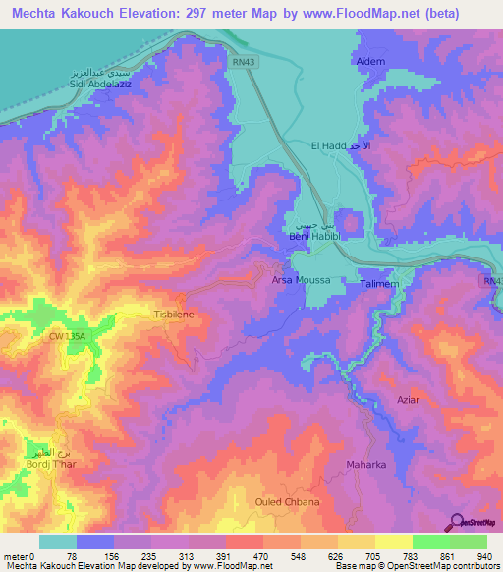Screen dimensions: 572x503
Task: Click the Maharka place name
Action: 364,463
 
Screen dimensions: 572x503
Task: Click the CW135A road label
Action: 69,336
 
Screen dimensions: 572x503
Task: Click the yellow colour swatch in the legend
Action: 393,542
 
